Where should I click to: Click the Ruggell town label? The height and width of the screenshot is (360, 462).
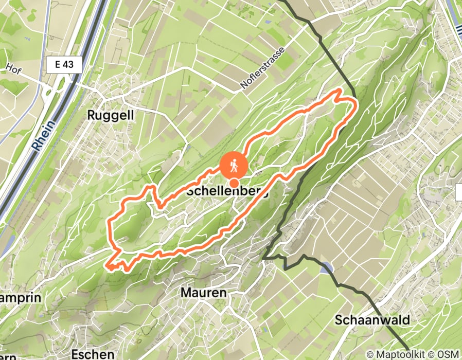(x=111, y=115)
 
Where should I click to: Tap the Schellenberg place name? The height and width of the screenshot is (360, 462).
(x=227, y=191)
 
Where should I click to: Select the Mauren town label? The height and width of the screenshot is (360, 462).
(x=203, y=293)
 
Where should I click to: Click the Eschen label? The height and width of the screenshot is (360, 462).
(x=92, y=354)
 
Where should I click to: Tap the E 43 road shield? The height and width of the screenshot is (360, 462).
(x=63, y=65)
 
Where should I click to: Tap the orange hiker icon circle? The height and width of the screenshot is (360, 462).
(x=234, y=166)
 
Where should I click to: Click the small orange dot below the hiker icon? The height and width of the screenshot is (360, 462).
(x=234, y=183)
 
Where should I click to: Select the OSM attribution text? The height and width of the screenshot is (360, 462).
(x=448, y=354)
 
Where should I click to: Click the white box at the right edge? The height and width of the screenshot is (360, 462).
(x=458, y=192)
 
